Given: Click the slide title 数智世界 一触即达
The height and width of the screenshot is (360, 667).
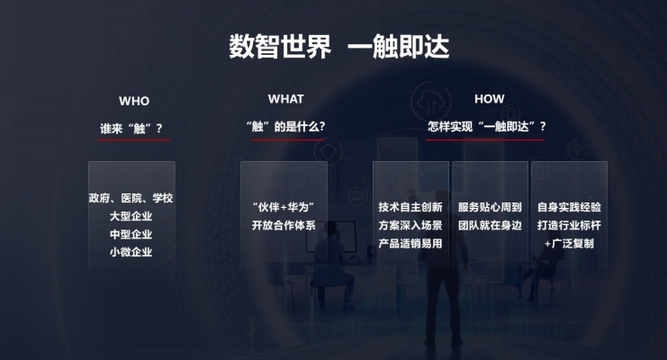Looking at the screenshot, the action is coord(339,47).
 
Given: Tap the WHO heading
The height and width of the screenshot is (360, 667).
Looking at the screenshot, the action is coord(134,102).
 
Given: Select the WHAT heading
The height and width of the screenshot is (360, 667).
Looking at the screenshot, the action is coord(286,99).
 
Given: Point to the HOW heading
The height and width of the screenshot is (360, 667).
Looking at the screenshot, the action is coord(489,99).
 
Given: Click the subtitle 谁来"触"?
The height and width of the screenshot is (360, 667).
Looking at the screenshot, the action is coord(131,129).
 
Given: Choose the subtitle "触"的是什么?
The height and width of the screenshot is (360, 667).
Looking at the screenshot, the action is coord(286,126).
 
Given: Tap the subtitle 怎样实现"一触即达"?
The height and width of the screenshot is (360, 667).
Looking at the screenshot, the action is coord(487,126).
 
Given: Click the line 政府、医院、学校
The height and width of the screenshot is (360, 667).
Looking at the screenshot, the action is coord(131,198).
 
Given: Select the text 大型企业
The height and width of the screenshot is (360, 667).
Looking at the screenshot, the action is coord(131,216).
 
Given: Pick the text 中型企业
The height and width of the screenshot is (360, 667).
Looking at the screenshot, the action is coord(131,235).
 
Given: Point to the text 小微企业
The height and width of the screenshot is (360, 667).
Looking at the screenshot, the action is coord(131,252).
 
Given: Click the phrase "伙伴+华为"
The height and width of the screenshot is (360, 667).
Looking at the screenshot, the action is coord(284,207).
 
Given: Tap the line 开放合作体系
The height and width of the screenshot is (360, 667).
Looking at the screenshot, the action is coord(284,225).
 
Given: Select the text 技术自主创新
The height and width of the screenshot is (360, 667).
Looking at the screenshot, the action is coord(410,207).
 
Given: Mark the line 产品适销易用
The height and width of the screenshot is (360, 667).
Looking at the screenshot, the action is coord(410,243).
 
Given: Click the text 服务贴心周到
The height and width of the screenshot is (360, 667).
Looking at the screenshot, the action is coord(490,207).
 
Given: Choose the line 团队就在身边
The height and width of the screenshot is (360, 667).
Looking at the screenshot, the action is coord(490,225).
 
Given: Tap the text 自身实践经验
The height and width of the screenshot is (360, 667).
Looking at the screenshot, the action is coord(569,207).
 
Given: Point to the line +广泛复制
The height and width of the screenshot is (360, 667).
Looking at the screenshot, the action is coord(569,243).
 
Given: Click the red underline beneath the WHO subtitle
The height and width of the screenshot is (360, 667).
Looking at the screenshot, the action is coord(134,139).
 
